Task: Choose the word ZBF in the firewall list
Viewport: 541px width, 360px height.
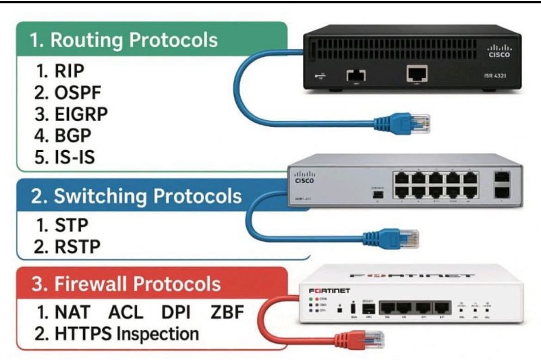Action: tap(227, 312)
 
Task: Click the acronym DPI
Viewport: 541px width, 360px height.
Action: tap(176, 312)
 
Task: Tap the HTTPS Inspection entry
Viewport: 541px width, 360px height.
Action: tap(117, 334)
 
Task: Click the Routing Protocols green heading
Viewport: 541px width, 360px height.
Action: tap(124, 40)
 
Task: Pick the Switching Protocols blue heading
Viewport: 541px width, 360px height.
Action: tap(136, 196)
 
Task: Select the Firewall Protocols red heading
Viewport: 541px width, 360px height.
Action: tap(126, 283)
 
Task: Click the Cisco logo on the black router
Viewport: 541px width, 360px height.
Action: tap(499, 50)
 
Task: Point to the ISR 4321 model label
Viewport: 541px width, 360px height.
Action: tap(495, 75)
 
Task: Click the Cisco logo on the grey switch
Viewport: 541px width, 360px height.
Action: tap(304, 177)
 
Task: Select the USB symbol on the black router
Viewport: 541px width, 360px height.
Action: tap(320, 76)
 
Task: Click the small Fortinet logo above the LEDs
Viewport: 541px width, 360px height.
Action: tap(329, 291)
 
